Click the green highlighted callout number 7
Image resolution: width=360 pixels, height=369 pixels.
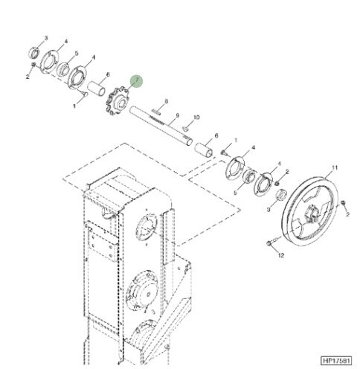tap(137, 81)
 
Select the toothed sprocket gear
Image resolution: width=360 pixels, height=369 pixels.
tap(118, 103)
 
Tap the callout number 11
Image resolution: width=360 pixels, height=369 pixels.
tap(335, 168)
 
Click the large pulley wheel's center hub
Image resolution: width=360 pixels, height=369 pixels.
tap(312, 214)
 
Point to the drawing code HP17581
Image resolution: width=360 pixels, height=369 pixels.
tap(336, 360)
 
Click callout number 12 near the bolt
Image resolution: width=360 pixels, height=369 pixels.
tap(281, 255)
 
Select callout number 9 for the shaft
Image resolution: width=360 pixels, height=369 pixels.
tap(177, 115)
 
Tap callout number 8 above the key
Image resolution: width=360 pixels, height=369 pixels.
tap(167, 101)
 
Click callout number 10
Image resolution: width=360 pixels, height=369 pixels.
tap(196, 117)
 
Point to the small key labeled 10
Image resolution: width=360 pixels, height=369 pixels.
tap(186, 128)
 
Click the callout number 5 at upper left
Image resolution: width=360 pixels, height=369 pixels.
tap(77, 53)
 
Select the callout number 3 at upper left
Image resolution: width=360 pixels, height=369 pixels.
tap(46, 38)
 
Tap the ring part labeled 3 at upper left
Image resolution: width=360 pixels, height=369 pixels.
tap(33, 52)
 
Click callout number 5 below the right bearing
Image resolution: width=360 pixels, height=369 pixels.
tap(235, 193)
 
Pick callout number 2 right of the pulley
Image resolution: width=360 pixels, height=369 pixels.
tap(347, 214)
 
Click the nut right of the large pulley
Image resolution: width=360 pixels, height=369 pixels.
tap(343, 203)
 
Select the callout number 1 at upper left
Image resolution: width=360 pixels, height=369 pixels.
tap(74, 106)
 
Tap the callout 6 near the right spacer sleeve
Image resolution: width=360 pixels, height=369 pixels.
tap(216, 135)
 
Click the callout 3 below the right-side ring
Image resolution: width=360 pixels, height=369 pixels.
tap(269, 210)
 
